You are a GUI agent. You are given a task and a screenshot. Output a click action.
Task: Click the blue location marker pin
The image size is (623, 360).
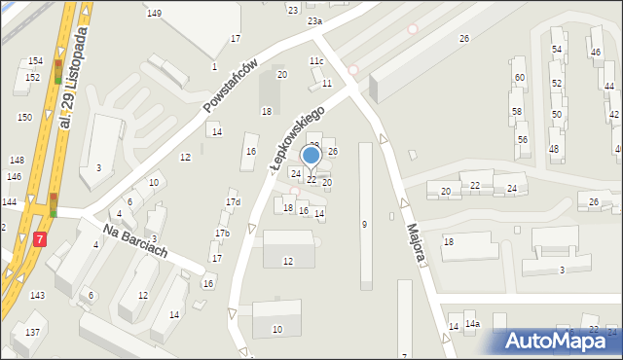point(311,156)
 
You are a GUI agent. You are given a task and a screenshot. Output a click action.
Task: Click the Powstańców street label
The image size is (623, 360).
point(230,86)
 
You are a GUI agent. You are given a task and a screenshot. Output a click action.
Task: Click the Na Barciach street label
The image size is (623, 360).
point(135,239)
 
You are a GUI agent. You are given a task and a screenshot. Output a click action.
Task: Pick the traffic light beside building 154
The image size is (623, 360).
point(58,70)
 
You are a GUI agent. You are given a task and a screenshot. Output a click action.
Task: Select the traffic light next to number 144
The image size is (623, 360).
point(53,204)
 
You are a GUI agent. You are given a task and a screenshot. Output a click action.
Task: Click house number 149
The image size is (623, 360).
point(154,13)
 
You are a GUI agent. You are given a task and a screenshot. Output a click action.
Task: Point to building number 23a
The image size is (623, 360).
point(313,20)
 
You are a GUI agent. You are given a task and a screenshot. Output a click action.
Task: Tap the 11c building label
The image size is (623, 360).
point(316,61)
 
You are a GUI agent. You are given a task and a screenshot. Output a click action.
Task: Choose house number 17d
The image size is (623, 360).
point(233,202)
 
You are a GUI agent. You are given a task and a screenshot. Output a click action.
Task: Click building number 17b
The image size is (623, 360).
point(222,234)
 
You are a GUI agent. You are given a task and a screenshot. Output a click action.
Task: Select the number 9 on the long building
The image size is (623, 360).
point(364,225)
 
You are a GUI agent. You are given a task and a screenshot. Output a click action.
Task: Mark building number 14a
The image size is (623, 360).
point(472,324)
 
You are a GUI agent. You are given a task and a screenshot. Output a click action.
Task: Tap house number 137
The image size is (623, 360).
point(33,332)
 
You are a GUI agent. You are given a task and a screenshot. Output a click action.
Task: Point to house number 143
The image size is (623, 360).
point(37,295)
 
